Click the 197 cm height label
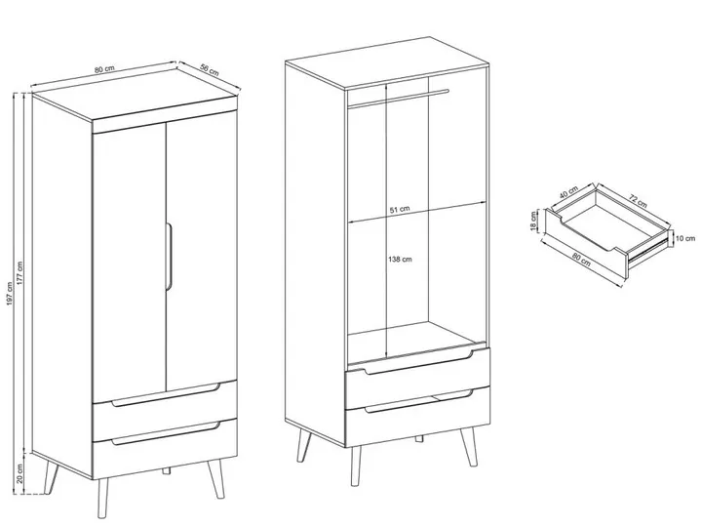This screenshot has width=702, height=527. pyautogui.click(x=10, y=294)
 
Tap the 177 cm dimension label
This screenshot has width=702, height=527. pyautogui.click(x=19, y=273)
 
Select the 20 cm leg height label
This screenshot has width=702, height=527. pyautogui.click(x=19, y=473)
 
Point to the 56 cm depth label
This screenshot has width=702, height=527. pyautogui.click(x=209, y=70)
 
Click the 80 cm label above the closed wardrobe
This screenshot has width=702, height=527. pyautogui.click(x=104, y=69)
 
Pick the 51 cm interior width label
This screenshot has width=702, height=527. pyautogui.click(x=400, y=209)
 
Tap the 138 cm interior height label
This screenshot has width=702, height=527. pyautogui.click(x=401, y=259)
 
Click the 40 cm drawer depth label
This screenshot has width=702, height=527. pyautogui.click(x=569, y=192)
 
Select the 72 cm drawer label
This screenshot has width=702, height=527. pyautogui.click(x=638, y=200)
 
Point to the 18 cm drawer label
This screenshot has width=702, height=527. pyautogui.click(x=532, y=222)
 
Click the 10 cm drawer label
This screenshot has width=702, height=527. pyautogui.click(x=685, y=239)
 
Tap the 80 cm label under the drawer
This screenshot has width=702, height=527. pyautogui.click(x=581, y=260)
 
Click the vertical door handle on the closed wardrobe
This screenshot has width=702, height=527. pyautogui.click(x=169, y=258)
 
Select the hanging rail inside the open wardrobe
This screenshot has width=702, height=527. pyautogui.click(x=398, y=99)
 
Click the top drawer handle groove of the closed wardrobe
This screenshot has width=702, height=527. pyautogui.click(x=166, y=395)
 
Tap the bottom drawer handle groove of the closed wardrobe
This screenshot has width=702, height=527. pyautogui.click(x=166, y=433)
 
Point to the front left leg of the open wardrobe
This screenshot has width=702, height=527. pyautogui.click(x=356, y=466)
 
